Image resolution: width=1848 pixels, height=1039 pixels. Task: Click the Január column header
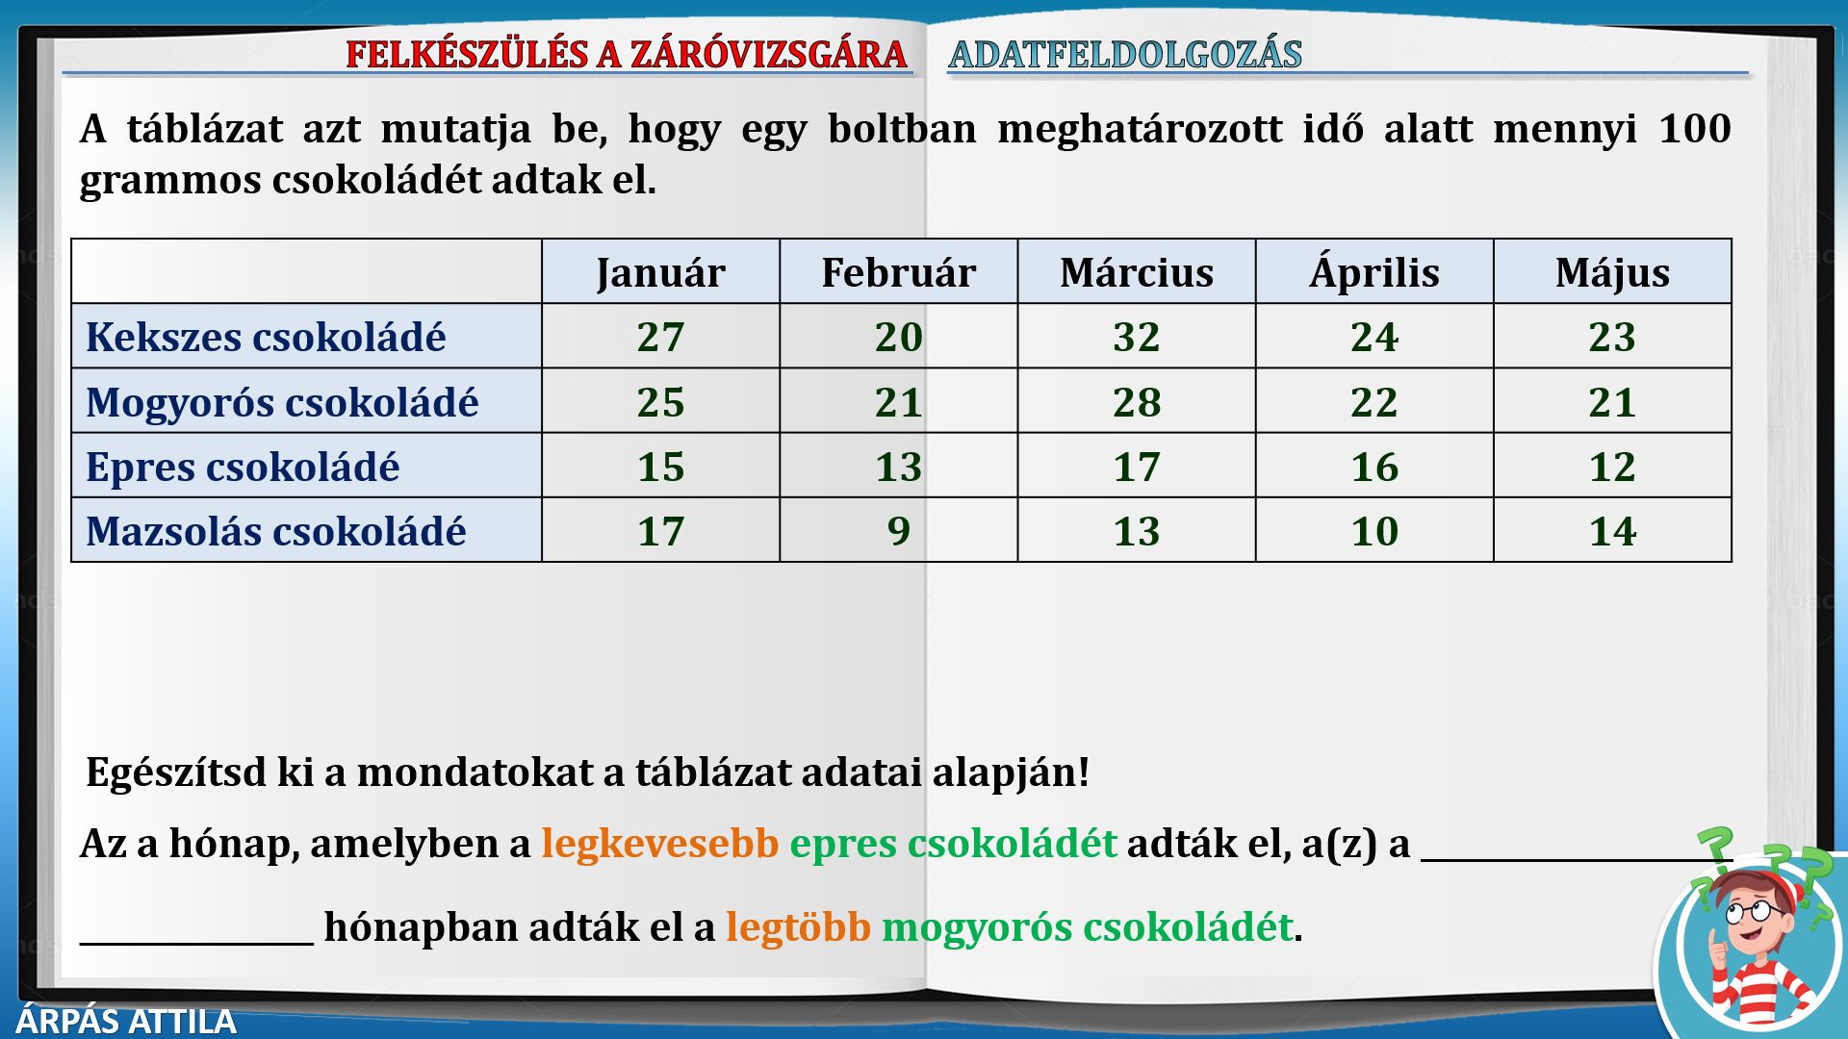pyautogui.click(x=660, y=273)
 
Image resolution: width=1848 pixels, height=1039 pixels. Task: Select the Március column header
pyautogui.click(x=1137, y=272)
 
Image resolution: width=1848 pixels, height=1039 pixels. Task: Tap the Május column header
pyautogui.click(x=1612, y=273)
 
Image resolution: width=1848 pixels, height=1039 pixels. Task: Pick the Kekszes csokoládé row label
pyautogui.click(x=266, y=337)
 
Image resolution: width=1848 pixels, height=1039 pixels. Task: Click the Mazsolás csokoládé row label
pyautogui.click(x=276, y=531)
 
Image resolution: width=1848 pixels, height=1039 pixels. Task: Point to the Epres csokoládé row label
pyautogui.click(x=243, y=468)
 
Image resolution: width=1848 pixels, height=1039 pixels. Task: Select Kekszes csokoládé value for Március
pyautogui.click(x=1137, y=337)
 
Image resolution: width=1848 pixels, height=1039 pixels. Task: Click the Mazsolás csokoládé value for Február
pyautogui.click(x=899, y=531)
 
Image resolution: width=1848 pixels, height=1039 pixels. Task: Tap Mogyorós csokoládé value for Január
pyautogui.click(x=660, y=402)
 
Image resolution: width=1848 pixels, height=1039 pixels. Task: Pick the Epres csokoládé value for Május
pyautogui.click(x=1612, y=467)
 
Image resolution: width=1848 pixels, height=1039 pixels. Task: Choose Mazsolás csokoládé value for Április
pyautogui.click(x=1374, y=531)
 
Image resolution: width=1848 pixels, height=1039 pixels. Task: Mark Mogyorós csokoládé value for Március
pyautogui.click(x=1137, y=402)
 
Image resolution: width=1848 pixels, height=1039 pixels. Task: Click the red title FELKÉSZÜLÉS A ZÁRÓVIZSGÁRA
pyautogui.click(x=627, y=54)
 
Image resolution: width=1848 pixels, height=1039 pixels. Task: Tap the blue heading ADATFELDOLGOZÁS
pyautogui.click(x=1125, y=54)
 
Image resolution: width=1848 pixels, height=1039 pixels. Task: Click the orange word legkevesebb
pyautogui.click(x=660, y=844)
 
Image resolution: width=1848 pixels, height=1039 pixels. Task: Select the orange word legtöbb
pyautogui.click(x=798, y=927)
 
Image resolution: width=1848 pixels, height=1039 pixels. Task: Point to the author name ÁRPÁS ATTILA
pyautogui.click(x=126, y=1021)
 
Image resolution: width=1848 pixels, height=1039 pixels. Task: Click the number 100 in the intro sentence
pyautogui.click(x=1695, y=128)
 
